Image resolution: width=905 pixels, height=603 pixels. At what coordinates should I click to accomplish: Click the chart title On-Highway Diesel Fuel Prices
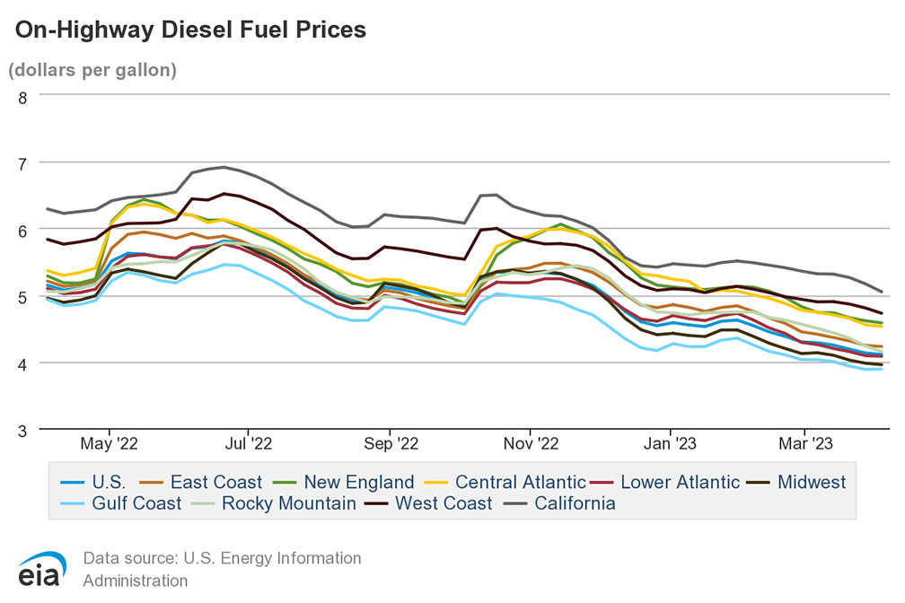tap(190, 30)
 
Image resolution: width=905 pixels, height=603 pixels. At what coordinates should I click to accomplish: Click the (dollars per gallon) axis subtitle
tap(92, 69)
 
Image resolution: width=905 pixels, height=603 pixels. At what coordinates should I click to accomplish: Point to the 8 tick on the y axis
tap(22, 96)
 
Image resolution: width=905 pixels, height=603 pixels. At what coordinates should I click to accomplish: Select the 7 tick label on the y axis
tap(22, 162)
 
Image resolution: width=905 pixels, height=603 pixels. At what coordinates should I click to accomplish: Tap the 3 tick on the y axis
tap(22, 430)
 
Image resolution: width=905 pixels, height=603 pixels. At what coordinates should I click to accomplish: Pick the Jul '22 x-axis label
tap(248, 443)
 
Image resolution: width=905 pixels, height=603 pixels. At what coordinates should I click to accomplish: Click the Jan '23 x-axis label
tap(671, 443)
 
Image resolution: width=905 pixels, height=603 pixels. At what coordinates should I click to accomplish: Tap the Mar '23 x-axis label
tap(805, 443)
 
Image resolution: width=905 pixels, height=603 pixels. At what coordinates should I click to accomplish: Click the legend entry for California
tap(575, 503)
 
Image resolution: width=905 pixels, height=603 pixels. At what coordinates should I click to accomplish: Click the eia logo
tap(38, 572)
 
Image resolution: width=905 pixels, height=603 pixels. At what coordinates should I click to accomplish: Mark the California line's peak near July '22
tap(223, 167)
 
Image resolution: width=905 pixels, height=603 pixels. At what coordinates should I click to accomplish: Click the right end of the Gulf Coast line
tap(882, 369)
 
